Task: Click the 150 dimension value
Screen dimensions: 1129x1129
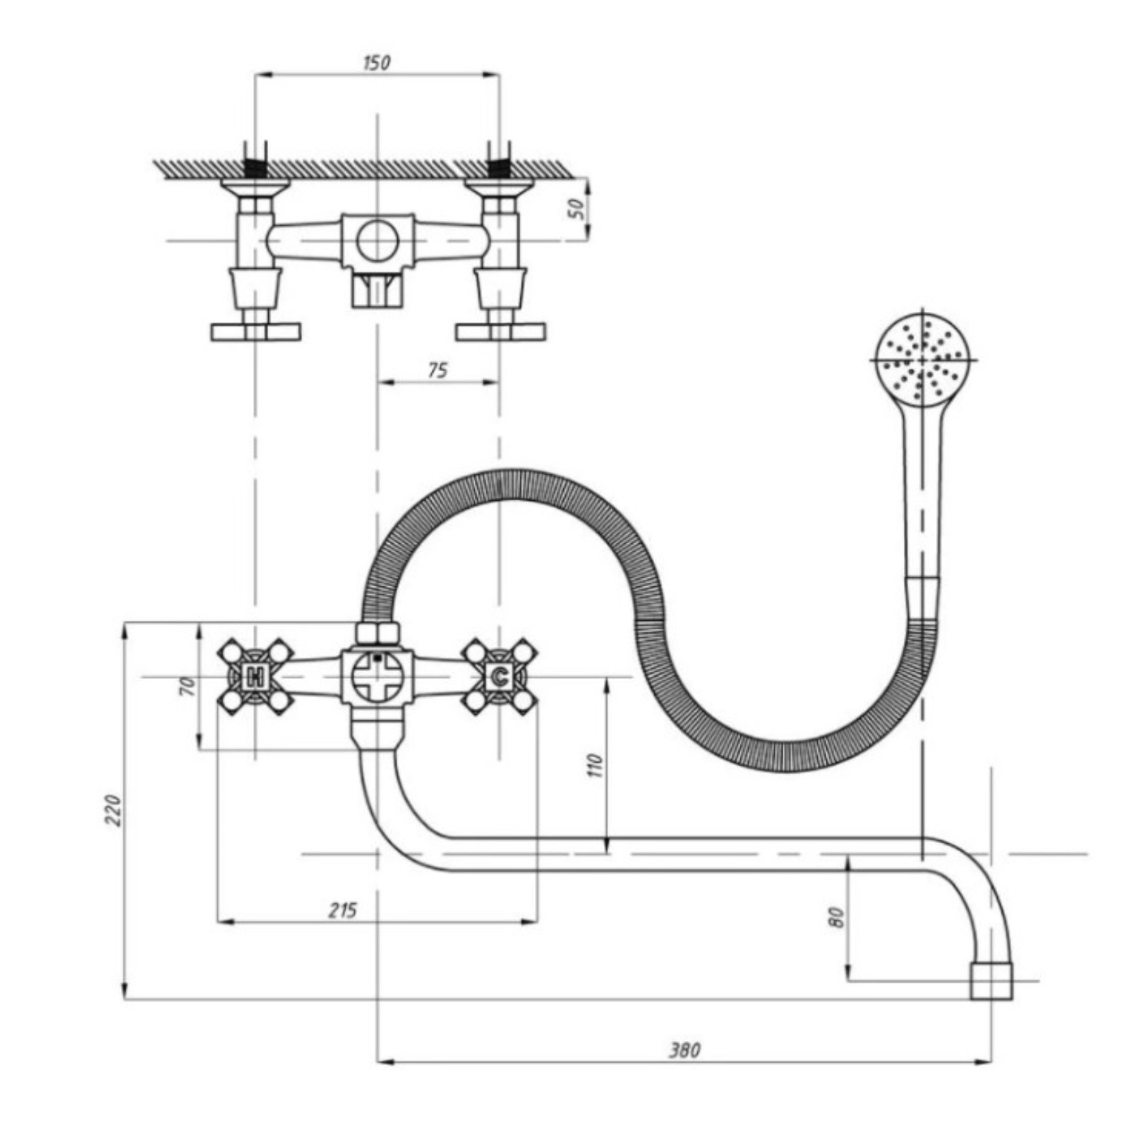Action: pos(376,62)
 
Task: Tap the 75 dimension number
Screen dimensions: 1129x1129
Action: pos(437,370)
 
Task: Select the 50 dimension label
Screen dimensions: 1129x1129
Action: pos(578,208)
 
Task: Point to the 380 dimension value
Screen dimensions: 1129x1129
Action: pos(684,1051)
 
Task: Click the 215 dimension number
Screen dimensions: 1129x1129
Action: pos(343,910)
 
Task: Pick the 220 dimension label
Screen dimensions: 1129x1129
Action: pos(114,810)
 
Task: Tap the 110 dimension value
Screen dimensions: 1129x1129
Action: pos(596,766)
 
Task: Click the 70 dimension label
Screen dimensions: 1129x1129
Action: pos(186,686)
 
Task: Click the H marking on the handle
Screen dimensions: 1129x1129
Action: pos(255,677)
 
